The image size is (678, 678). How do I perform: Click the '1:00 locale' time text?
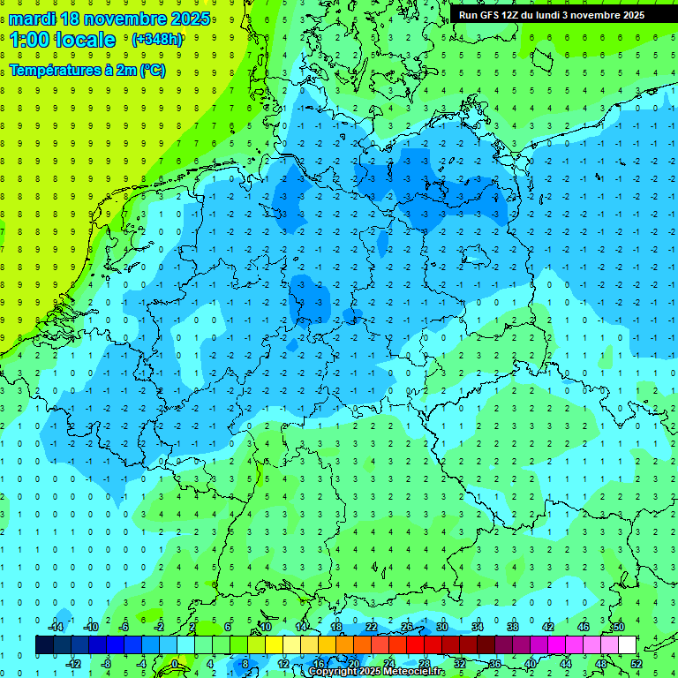63,40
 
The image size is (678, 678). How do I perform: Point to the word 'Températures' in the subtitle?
52,71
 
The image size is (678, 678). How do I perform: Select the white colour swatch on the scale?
627,645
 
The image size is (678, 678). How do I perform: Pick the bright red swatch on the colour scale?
415,645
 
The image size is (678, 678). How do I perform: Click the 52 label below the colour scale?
636,664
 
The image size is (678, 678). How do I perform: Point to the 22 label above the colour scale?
372,627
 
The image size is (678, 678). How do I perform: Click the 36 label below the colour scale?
494,664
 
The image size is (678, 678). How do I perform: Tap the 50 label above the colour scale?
618,627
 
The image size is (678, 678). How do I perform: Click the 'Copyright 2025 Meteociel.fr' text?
377,672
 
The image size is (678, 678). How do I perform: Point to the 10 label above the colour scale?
266,627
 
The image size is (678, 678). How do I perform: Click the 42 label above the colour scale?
548,627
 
